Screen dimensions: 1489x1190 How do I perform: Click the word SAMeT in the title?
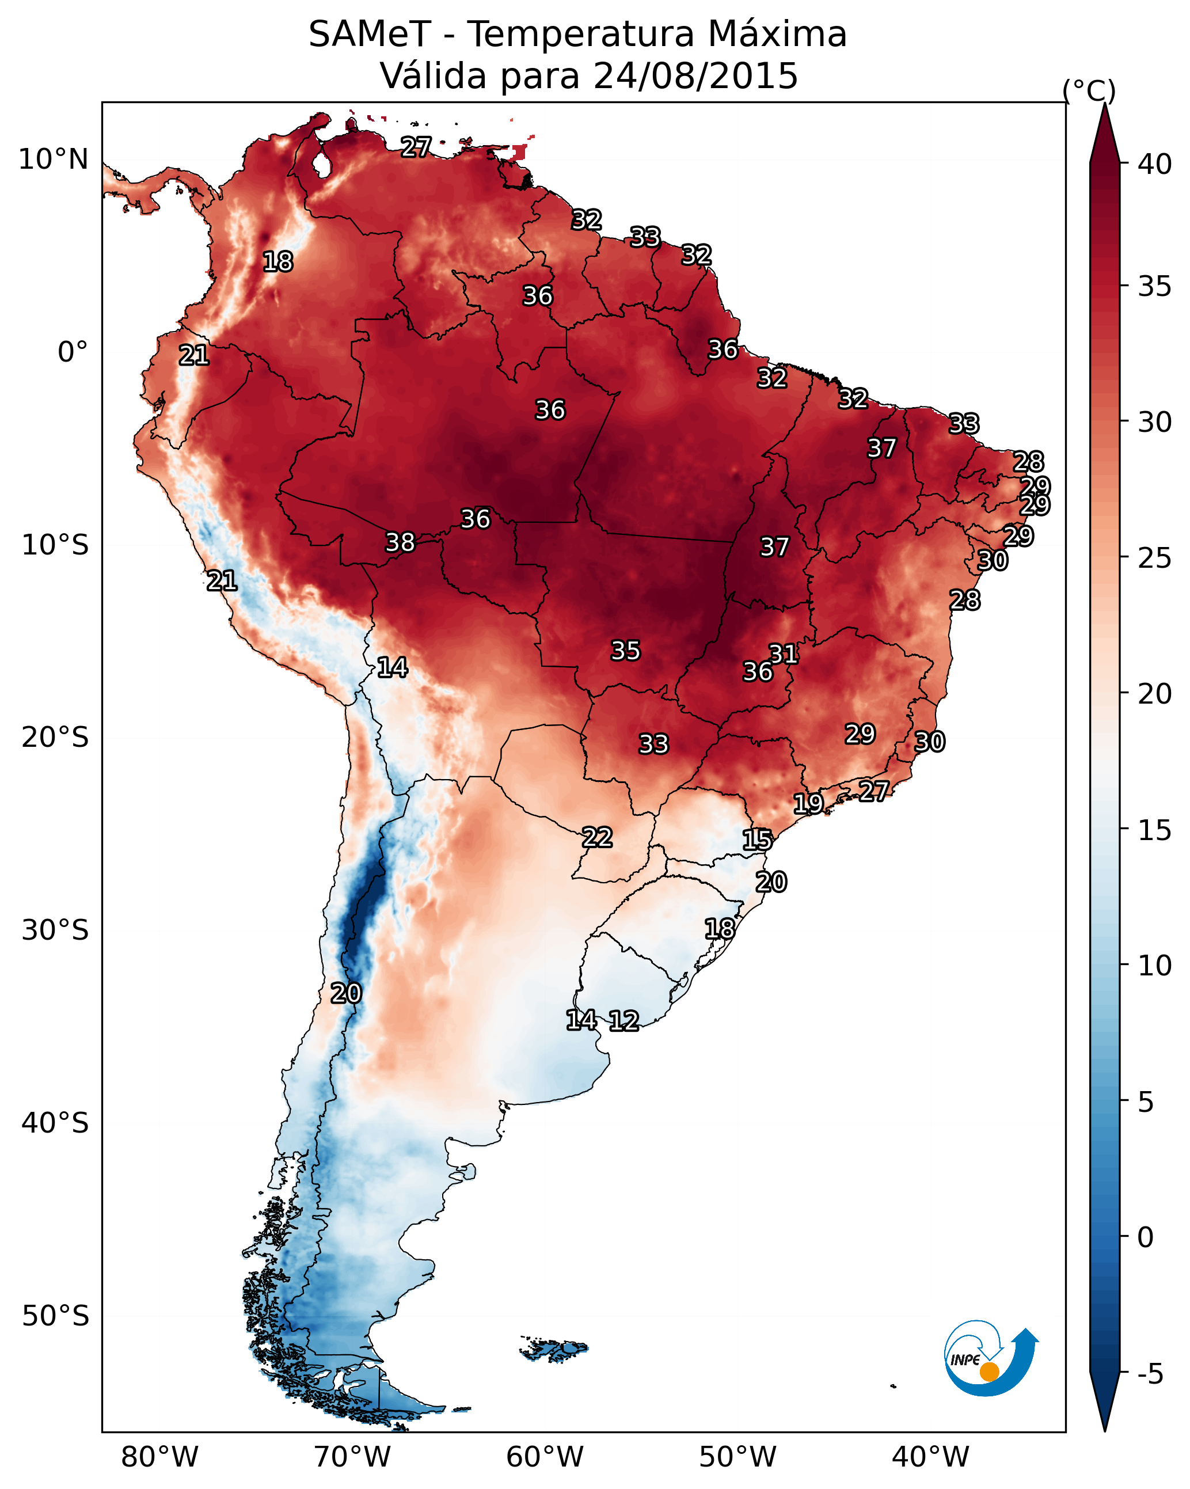pos(370,35)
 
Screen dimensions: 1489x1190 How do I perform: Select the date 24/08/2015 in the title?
pos(695,76)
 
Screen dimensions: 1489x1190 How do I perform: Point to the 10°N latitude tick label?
pos(53,159)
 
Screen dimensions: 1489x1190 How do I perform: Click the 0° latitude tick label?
pos(73,352)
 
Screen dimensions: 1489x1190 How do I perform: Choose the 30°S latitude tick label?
pos(55,930)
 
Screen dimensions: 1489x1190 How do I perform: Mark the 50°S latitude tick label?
pos(55,1316)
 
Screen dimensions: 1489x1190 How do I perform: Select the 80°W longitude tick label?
pos(159,1457)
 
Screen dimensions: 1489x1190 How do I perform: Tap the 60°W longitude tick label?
pos(545,1457)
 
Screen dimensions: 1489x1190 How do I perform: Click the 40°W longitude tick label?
pos(930,1457)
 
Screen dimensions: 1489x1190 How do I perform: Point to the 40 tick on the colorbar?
pos(1155,164)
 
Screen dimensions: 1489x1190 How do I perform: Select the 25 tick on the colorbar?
pos(1155,557)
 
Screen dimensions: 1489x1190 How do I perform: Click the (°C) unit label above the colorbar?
pos(1089,90)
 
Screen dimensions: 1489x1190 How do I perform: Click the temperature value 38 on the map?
pos(400,542)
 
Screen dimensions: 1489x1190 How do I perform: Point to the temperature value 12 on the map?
pos(623,1021)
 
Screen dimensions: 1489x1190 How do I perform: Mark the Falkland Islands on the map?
pos(554,1348)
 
